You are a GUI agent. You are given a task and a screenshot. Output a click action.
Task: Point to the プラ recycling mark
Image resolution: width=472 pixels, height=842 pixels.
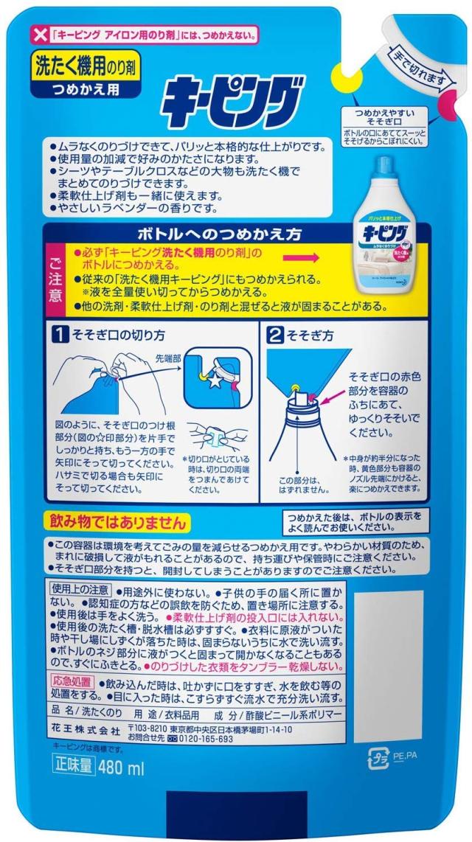pyautogui.click(x=378, y=756)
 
